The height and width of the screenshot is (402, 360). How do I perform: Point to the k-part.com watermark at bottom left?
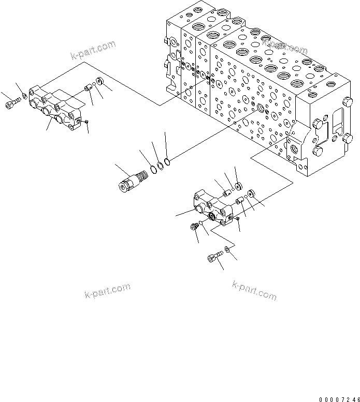tap(107, 291)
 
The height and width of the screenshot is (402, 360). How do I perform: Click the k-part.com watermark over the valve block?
tap(284, 46)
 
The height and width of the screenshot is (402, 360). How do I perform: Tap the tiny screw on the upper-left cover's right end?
tap(87, 122)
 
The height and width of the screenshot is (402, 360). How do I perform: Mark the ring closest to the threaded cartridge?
tap(154, 169)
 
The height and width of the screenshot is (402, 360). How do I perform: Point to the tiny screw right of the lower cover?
tap(237, 219)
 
